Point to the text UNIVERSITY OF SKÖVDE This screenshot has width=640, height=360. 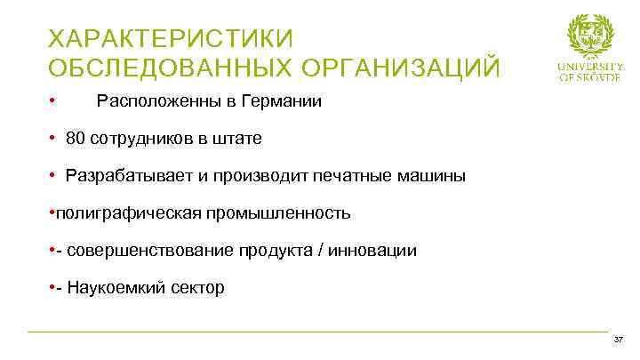tap(591, 71)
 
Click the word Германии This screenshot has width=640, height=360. tap(279, 101)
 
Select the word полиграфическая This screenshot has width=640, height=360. tap(114, 213)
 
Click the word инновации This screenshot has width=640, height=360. tap(372, 251)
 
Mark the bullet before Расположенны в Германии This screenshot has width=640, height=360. tap(53, 101)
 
